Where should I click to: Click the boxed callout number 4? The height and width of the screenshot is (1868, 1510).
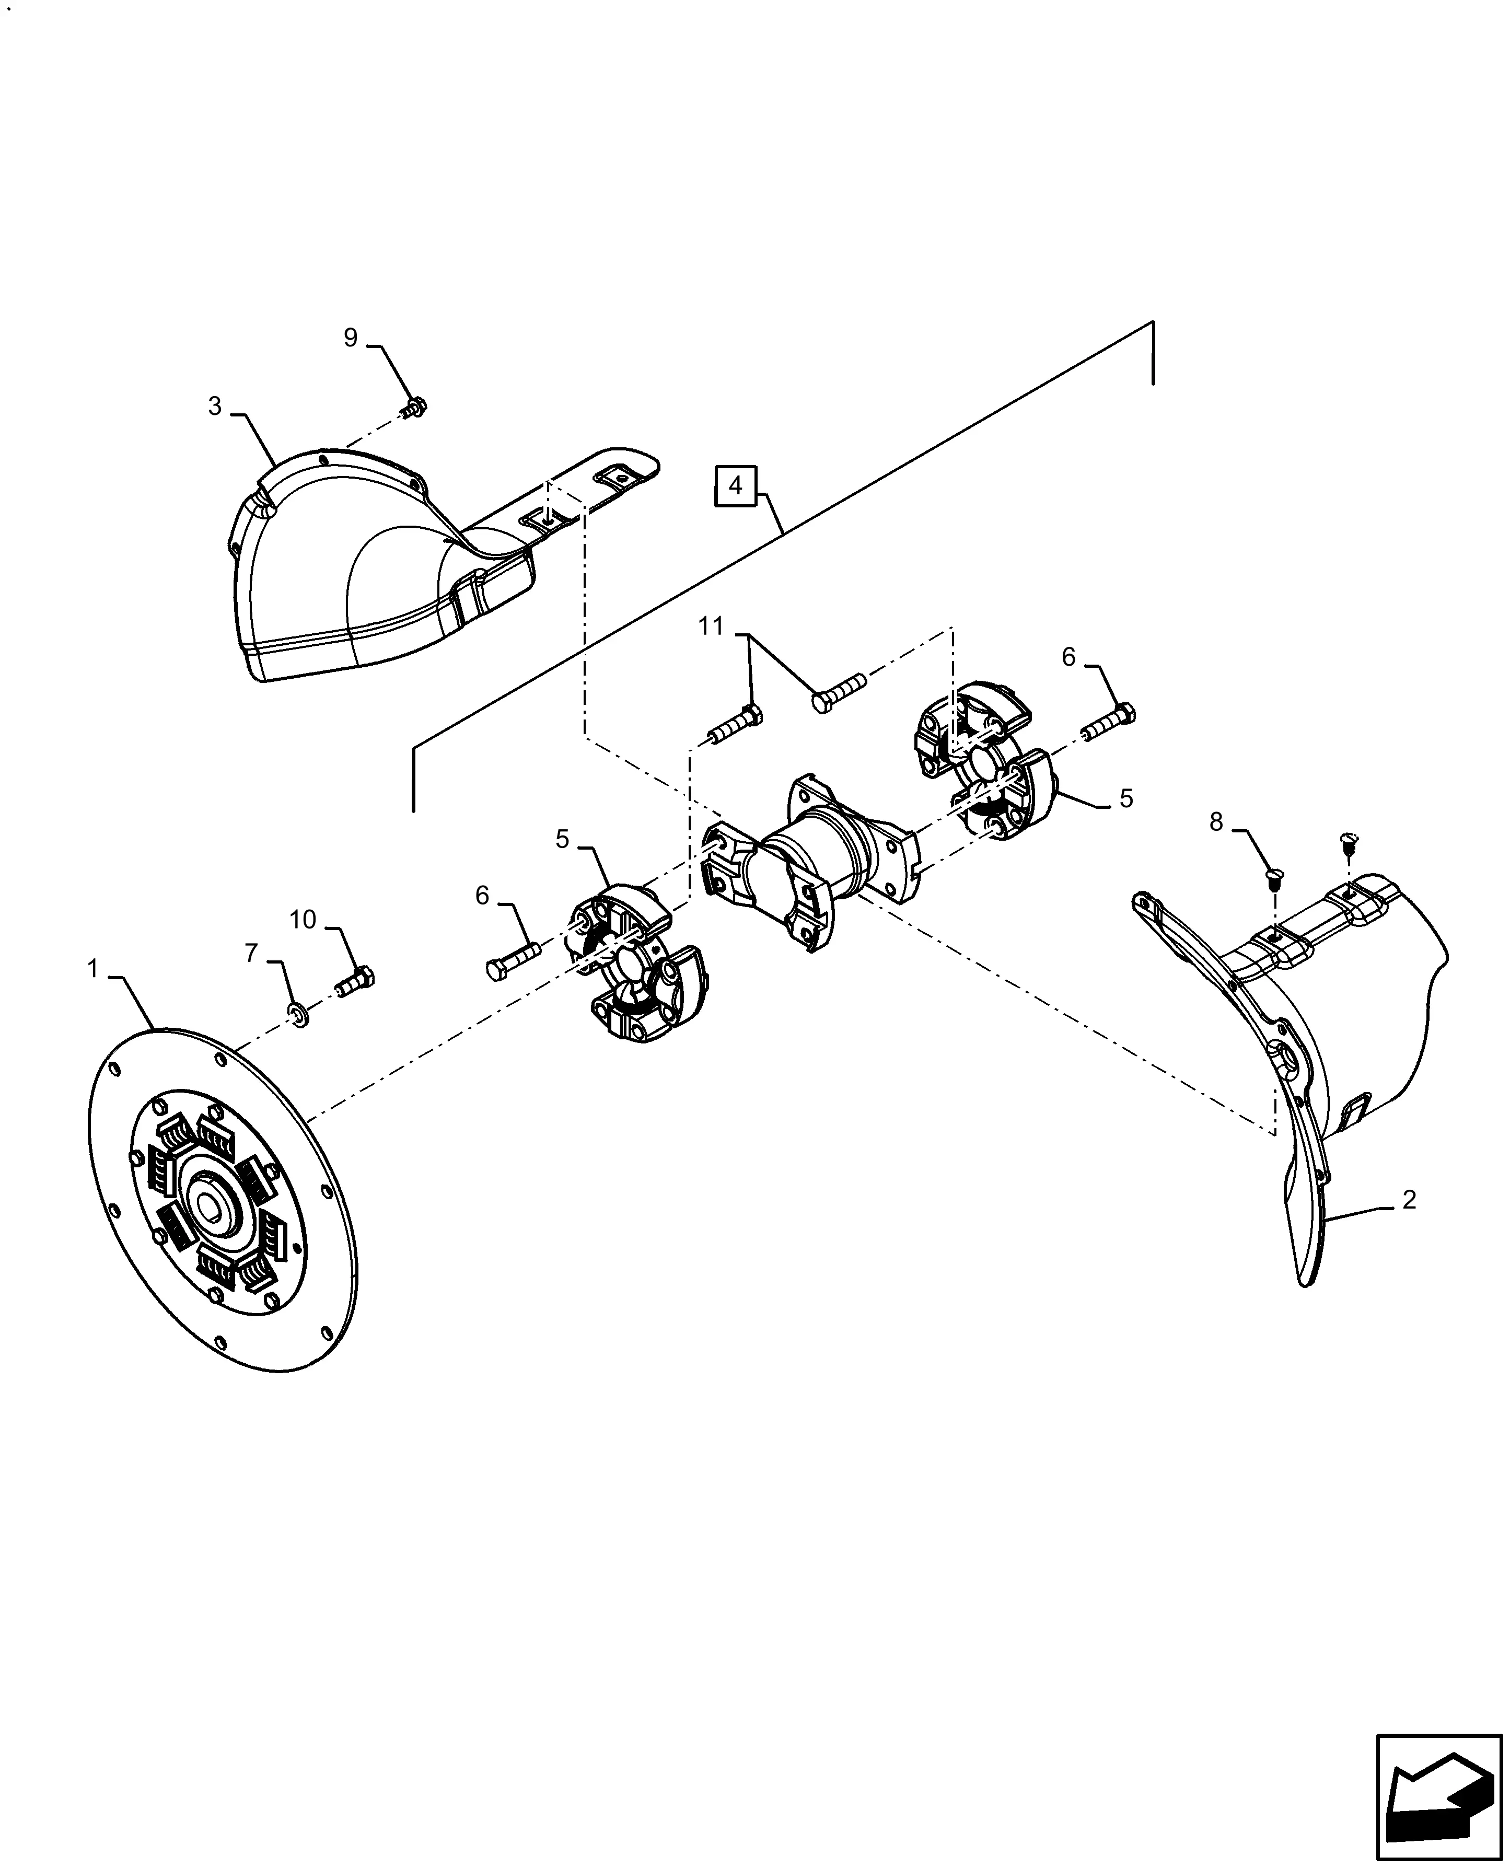pos(736,486)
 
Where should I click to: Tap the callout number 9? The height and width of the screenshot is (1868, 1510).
pos(351,338)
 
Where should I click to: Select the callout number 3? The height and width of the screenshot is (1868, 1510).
pos(215,407)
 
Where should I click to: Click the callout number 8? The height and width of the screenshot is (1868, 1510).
pos(1216,822)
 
